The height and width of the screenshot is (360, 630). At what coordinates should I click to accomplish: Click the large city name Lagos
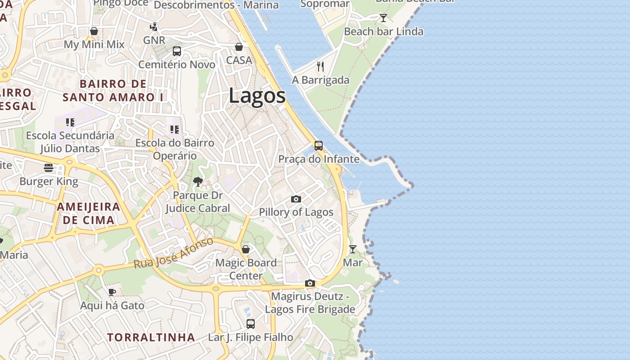(257, 96)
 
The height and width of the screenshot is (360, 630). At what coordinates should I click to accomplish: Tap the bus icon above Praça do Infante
(318, 145)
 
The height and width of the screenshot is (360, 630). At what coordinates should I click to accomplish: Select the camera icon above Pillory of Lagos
(296, 199)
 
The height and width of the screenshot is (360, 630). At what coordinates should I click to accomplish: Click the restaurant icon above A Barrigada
(320, 67)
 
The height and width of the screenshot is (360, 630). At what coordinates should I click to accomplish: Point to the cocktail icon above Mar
(353, 249)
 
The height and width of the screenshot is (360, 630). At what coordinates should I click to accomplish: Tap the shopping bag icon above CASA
(239, 47)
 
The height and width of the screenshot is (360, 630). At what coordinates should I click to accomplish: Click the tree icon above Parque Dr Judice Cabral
(198, 182)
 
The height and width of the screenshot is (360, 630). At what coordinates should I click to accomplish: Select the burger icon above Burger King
(49, 168)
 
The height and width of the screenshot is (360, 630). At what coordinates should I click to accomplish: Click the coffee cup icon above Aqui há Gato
(112, 292)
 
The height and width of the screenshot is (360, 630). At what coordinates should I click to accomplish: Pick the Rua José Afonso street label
(174, 253)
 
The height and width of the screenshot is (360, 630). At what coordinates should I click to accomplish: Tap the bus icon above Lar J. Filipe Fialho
(251, 324)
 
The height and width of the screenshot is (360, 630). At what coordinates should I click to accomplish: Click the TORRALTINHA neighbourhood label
(151, 337)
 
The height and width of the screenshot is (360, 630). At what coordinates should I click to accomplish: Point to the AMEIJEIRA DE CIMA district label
(89, 213)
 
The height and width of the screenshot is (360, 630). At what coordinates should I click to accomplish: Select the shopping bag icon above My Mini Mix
(94, 31)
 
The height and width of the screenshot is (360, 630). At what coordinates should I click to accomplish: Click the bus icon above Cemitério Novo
(177, 51)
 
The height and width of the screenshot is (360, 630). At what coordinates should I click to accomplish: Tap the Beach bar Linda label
(383, 31)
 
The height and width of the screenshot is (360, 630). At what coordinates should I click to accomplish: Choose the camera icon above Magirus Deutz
(310, 283)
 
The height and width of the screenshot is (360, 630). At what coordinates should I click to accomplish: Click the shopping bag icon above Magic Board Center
(246, 249)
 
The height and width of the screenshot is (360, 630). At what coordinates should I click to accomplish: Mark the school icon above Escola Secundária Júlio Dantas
(70, 122)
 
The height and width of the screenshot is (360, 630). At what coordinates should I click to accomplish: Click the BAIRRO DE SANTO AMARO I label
(113, 90)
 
